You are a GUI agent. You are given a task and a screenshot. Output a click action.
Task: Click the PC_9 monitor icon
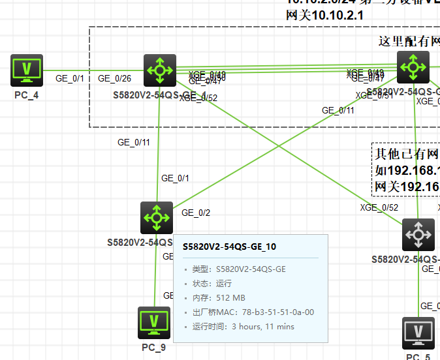154,323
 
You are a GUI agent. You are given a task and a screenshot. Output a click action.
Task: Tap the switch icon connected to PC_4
160,70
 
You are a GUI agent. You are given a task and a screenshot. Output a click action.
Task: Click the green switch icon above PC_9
157,217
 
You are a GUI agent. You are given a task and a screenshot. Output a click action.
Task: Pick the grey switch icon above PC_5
418,235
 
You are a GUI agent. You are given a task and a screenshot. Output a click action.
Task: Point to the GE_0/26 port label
114,79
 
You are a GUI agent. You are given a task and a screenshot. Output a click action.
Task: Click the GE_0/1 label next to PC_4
70,79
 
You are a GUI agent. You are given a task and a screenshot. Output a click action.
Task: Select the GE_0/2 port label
196,213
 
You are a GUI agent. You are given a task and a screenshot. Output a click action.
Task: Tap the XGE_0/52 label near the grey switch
379,208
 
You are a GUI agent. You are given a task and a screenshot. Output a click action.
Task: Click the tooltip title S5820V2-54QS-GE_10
229,247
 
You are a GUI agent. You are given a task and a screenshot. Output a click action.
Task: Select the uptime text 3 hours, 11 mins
263,327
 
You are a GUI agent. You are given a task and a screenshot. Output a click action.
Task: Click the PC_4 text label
26,95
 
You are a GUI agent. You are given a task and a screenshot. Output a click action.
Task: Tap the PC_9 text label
153,348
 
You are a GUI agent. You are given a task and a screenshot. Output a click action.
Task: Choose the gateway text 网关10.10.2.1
324,15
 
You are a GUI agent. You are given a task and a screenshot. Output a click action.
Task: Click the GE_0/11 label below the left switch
133,142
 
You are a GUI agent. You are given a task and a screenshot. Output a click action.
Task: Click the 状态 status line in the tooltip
212,284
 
